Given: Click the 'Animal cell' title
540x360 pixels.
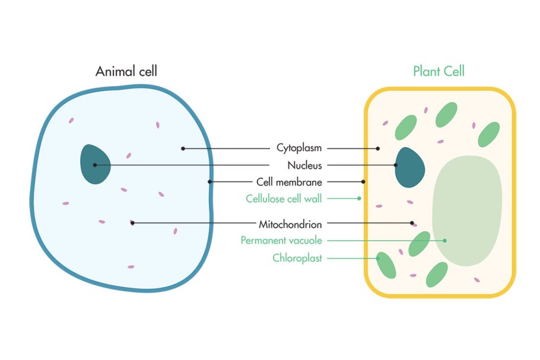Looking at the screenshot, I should (126, 72).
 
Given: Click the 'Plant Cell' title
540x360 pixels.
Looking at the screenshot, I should (439, 72).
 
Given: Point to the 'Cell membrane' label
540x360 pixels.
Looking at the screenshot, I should (289, 182).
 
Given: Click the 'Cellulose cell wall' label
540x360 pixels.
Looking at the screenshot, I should (284, 199).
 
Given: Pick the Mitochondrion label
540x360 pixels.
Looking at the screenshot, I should (290, 224).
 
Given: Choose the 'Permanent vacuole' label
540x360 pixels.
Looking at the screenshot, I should (281, 241).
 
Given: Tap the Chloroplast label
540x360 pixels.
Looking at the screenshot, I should (297, 258).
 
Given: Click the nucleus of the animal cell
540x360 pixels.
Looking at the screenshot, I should (96, 164).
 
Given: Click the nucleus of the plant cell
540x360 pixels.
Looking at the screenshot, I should (409, 167).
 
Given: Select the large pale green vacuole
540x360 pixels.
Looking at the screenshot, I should (467, 211).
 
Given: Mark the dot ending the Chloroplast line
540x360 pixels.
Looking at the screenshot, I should (377, 258).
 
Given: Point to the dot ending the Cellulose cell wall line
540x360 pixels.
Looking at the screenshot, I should (359, 198).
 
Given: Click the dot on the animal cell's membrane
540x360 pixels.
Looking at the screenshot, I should (209, 181).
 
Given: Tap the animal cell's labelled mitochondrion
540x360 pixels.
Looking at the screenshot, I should (132, 223).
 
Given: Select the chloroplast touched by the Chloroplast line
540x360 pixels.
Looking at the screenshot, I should (386, 266).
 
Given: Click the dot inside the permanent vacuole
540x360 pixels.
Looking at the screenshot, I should (444, 240).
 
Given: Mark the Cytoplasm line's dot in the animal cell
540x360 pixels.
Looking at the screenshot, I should (183, 148).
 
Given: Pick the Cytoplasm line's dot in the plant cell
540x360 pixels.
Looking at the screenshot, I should (378, 148).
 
